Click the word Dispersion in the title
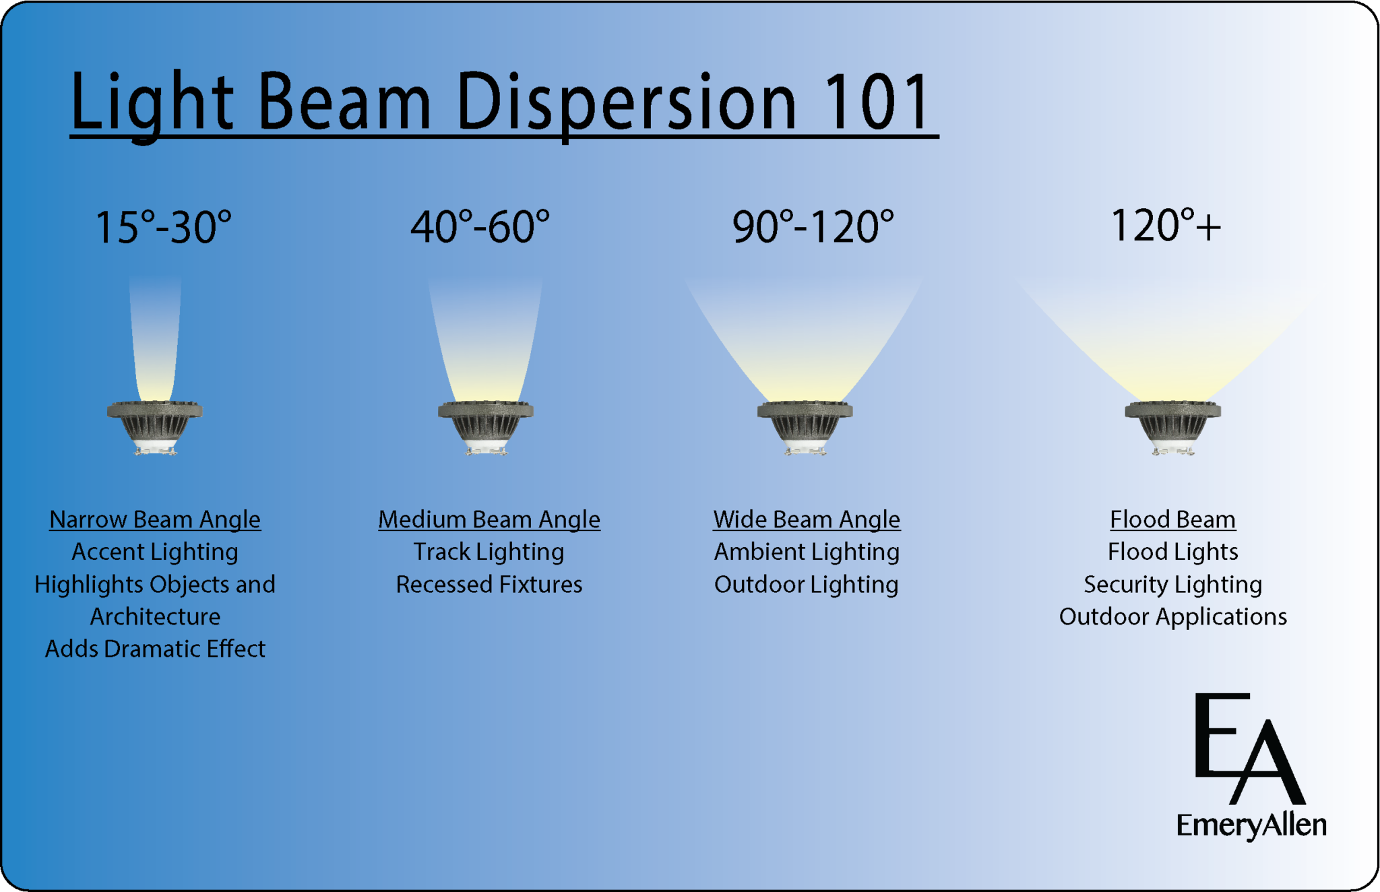pyautogui.click(x=627, y=102)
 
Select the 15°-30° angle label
pyautogui.click(x=164, y=227)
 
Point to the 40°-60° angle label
pyautogui.click(x=480, y=227)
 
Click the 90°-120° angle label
pyautogui.click(x=813, y=227)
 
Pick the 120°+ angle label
pyautogui.click(x=1165, y=226)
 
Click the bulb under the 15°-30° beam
pyautogui.click(x=155, y=427)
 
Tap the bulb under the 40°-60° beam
pyautogui.click(x=486, y=427)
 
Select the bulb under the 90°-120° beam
pyautogui.click(x=805, y=427)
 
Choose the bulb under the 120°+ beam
pyautogui.click(x=1173, y=427)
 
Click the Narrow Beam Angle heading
pyautogui.click(x=155, y=519)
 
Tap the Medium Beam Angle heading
pyautogui.click(x=489, y=519)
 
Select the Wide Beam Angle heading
pyautogui.click(x=807, y=519)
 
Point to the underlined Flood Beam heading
pyautogui.click(x=1172, y=519)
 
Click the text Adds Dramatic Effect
pyautogui.click(x=155, y=649)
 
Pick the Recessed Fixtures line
pyautogui.click(x=489, y=584)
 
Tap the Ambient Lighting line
pyautogui.click(x=807, y=552)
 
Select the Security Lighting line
pyautogui.click(x=1172, y=584)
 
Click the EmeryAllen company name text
pyautogui.click(x=1251, y=825)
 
